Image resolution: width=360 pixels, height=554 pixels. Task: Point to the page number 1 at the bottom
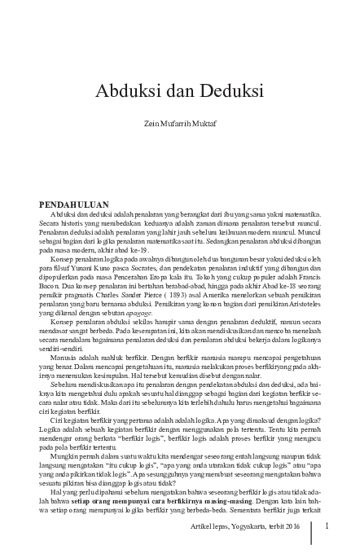click(326, 526)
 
